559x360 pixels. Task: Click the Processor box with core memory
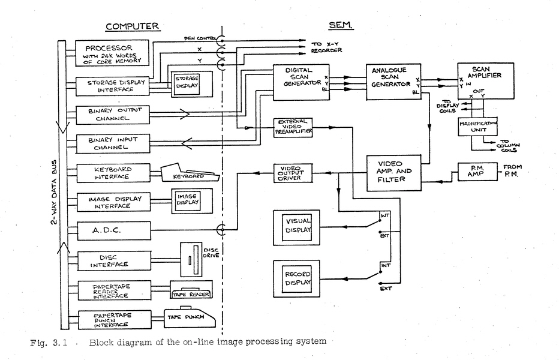point(112,53)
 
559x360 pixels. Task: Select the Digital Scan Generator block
point(300,82)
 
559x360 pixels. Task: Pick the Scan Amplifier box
point(485,81)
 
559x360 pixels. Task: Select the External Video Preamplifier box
point(293,127)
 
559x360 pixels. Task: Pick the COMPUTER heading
point(133,26)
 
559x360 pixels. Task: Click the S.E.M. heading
point(340,26)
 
